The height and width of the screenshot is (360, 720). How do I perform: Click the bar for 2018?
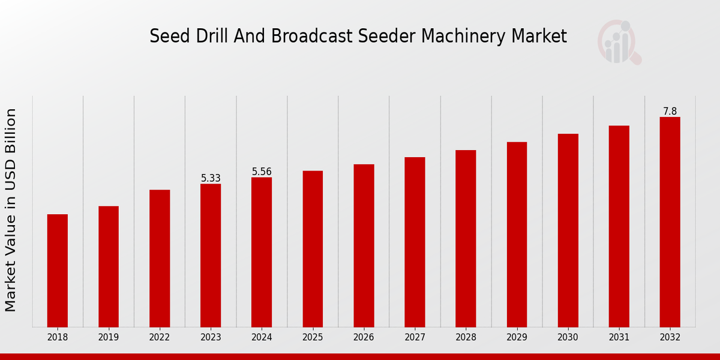coord(58,271)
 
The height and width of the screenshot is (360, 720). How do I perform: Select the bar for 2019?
coord(109,266)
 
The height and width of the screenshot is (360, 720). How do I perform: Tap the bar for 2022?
coord(160,259)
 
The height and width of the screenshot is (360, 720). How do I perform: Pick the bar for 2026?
coord(364,245)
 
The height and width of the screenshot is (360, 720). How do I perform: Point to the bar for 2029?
coord(517,235)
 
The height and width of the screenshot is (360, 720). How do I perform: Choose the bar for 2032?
coord(670,222)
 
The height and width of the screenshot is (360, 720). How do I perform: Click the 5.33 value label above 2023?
coord(211,178)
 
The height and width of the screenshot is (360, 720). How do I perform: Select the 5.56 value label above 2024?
coord(262,172)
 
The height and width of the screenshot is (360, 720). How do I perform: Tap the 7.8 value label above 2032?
coord(670,112)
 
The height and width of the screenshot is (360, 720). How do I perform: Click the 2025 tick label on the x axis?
coord(313,338)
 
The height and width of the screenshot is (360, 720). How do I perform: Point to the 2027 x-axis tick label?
coord(415,338)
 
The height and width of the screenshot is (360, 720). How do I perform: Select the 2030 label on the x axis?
coord(568,338)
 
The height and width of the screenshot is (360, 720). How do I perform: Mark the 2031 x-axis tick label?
coord(619,338)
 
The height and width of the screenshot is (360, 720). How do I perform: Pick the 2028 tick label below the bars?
coord(466,338)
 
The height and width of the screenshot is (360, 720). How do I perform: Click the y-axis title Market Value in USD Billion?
coord(11,210)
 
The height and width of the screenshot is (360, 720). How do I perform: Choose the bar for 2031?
coord(619,226)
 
